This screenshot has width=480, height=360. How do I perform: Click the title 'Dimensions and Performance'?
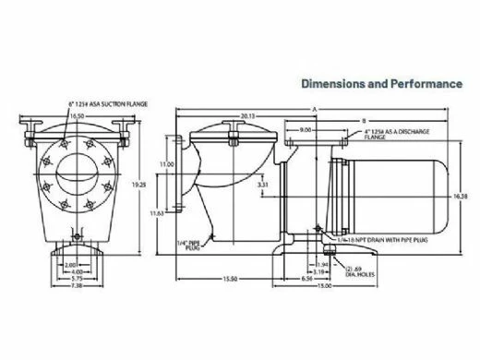point(381,83)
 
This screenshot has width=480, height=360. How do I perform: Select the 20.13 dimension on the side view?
point(243,115)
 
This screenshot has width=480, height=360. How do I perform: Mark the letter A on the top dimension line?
point(314,109)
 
